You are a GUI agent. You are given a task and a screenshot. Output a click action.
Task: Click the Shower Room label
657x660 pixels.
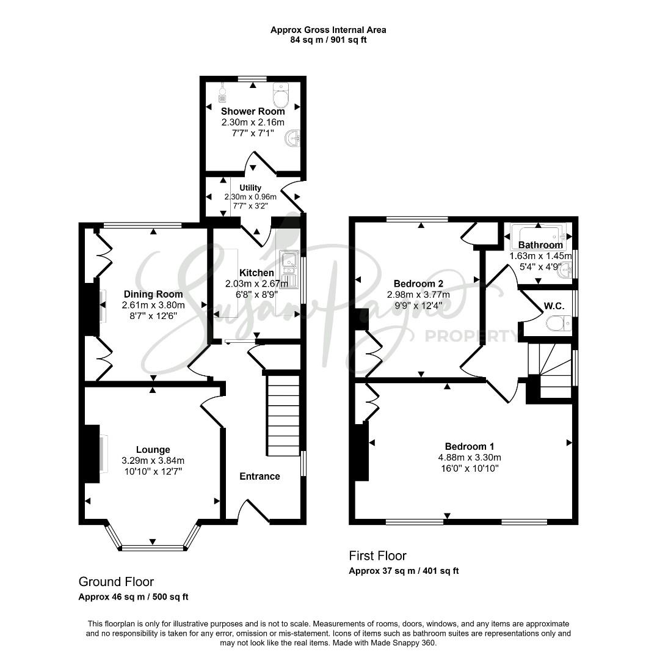[253, 112]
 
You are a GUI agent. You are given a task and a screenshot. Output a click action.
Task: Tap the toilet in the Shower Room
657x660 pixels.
[280, 95]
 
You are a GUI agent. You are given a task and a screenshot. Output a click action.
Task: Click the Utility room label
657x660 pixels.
[250, 188]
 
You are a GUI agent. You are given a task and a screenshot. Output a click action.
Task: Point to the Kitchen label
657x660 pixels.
[256, 273]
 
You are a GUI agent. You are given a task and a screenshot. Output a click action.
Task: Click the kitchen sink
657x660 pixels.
[289, 269]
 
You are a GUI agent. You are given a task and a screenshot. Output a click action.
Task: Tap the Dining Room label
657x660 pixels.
[153, 294]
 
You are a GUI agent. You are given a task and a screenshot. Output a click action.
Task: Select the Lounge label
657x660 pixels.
[153, 450]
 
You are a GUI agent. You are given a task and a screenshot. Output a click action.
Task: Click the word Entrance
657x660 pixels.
[260, 477]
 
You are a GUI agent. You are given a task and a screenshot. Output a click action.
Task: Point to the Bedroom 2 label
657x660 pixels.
[418, 284]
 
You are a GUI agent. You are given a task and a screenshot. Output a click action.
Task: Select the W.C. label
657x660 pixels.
[554, 306]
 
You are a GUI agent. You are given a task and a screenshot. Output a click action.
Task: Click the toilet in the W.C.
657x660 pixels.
[559, 323]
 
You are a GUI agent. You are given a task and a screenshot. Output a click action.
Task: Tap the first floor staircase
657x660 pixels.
[550, 370]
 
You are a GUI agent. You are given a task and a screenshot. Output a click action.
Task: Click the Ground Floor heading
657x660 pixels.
[116, 582]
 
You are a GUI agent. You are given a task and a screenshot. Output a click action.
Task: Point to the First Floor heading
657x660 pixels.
[378, 555]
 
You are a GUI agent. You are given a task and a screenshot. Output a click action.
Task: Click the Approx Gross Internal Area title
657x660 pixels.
[328, 30]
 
